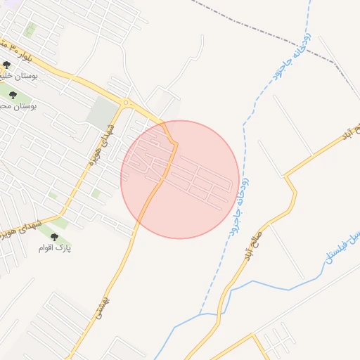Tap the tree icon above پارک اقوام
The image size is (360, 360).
55,238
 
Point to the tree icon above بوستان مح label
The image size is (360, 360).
14,94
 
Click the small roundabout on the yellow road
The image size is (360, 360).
127,103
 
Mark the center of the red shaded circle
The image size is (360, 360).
180,179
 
